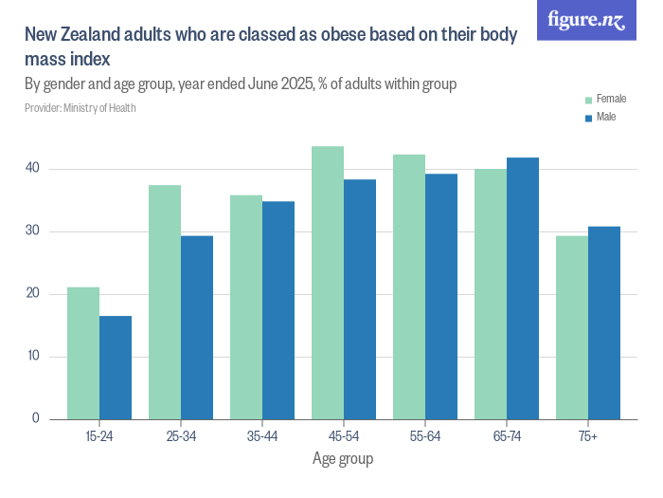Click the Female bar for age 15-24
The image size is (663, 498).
pyautogui.click(x=83, y=353)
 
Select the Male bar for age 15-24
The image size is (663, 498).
pyautogui.click(x=116, y=368)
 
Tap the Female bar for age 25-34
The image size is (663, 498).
pyautogui.click(x=165, y=302)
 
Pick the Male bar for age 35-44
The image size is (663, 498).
pyautogui.click(x=278, y=310)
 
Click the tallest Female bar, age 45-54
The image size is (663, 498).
pyautogui.click(x=328, y=283)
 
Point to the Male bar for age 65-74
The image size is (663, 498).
pyautogui.click(x=523, y=288)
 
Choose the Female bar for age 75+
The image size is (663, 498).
pyautogui.click(x=572, y=327)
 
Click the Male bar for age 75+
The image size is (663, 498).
pyautogui.click(x=604, y=323)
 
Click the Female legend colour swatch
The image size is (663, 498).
pyautogui.click(x=588, y=100)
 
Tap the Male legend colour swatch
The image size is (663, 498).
pyautogui.click(x=588, y=118)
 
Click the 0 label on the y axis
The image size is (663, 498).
pyautogui.click(x=35, y=419)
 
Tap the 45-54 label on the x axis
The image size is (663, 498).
pyautogui.click(x=343, y=435)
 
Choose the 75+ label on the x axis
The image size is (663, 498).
pyautogui.click(x=587, y=435)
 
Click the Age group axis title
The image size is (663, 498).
pyautogui.click(x=343, y=459)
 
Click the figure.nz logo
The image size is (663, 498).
pyautogui.click(x=586, y=20)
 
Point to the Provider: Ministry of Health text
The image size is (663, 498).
pyautogui.click(x=80, y=108)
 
